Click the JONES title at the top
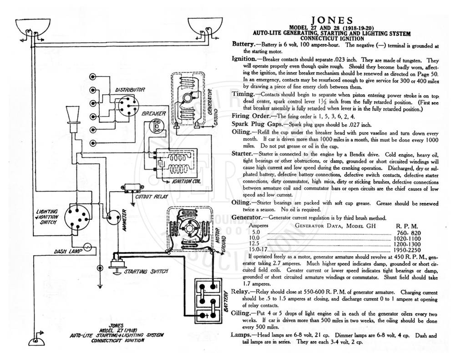[x=332, y=20]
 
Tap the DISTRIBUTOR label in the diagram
[x=130, y=90]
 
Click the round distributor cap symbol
[x=128, y=106]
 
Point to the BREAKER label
[x=154, y=114]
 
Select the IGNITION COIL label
[x=186, y=181]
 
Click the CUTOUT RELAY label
[x=152, y=197]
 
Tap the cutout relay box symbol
[x=132, y=188]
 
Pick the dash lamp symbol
[x=88, y=247]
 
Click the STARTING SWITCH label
[x=146, y=271]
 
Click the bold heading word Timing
[x=243, y=95]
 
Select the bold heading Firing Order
[x=251, y=116]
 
